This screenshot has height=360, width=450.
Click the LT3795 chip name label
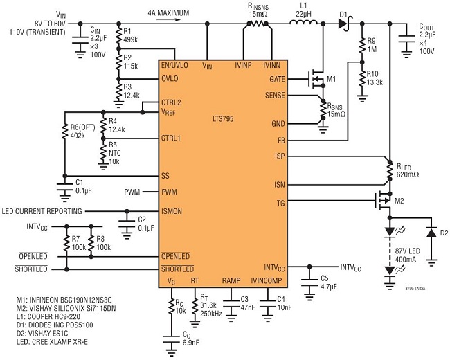click(223, 119)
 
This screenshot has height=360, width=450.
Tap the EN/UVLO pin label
click(174, 66)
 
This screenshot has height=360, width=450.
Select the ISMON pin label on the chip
click(172, 211)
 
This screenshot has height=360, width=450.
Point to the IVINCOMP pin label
click(267, 280)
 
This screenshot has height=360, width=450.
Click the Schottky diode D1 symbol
click(344, 24)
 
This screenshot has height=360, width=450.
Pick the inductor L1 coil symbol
click(303, 23)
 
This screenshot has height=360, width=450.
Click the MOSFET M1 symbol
click(316, 79)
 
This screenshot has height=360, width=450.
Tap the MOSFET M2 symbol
click(384, 201)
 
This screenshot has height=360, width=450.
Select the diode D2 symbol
click(431, 232)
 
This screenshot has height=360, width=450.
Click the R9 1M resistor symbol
click(362, 44)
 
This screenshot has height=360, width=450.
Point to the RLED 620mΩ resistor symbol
click(390, 171)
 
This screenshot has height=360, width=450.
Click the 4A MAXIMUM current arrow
click(168, 20)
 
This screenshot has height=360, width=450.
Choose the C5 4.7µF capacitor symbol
click(309, 281)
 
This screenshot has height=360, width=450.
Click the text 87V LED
click(408, 251)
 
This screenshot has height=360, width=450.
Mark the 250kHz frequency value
click(210, 314)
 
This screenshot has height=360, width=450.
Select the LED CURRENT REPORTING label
click(42, 211)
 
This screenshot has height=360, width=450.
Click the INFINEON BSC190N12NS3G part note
click(73, 300)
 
